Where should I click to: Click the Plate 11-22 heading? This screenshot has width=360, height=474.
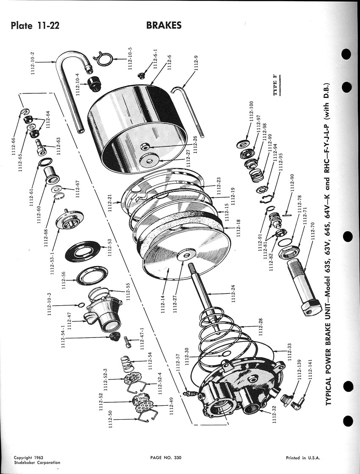click(36, 26)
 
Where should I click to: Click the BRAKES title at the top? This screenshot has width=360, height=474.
click(164, 25)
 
